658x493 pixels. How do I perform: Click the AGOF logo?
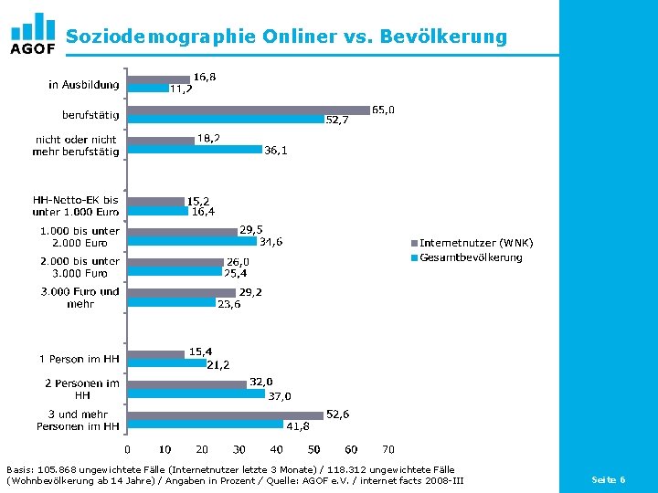tap(32, 34)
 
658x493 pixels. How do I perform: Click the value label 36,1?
tap(275, 151)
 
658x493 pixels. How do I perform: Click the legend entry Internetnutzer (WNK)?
tap(475, 243)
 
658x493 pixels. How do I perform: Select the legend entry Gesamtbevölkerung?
tap(470, 257)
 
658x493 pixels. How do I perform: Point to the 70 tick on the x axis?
tap(387, 449)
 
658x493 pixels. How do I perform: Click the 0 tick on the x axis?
tap(127, 449)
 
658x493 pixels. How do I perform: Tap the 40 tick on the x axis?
tap(276, 449)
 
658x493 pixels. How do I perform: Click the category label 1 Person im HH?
tap(79, 359)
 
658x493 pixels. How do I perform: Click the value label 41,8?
tap(297, 425)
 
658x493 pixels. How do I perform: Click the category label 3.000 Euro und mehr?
tap(80, 298)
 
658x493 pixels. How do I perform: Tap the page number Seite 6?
tap(609, 479)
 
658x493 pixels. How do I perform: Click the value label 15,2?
tap(199, 200)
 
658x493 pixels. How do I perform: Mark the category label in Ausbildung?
tap(83, 85)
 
